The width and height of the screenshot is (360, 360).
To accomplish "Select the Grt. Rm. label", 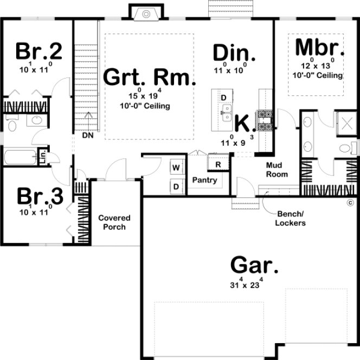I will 150,77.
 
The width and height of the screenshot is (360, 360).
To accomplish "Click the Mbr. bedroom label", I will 320,47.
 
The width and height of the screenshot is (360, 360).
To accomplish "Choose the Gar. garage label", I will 255,266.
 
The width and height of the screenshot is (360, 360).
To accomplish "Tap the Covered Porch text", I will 114,222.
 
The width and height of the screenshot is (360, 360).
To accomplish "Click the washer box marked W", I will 176,168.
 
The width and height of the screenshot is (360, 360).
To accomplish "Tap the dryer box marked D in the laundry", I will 176,186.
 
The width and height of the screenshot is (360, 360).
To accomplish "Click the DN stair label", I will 88,136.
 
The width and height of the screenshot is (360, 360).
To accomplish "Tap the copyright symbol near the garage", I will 350,203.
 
